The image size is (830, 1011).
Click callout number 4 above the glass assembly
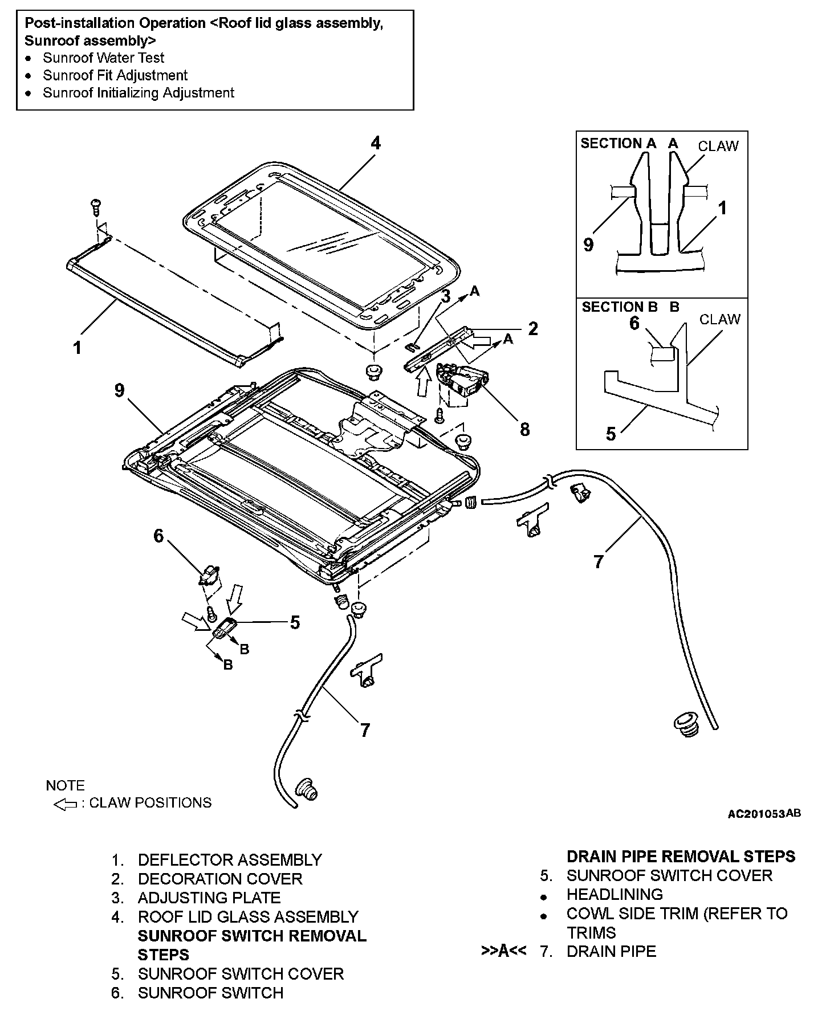coord(375,143)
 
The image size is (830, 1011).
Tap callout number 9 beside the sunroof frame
coord(119,391)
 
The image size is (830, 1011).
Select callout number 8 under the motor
coord(524,429)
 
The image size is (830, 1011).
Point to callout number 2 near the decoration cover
coord(533,329)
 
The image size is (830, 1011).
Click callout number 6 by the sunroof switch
coord(158,536)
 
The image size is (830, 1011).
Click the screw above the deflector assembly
coord(95,206)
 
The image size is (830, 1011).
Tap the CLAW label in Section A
coord(718,146)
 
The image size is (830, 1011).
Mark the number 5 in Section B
coord(611,434)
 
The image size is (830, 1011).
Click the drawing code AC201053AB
coord(764,813)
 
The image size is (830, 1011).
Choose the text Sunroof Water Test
coord(103,58)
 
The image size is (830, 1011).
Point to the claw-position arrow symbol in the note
coord(64,804)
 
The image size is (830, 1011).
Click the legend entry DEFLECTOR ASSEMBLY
coord(230,860)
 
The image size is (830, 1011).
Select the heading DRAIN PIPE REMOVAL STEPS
coord(681,857)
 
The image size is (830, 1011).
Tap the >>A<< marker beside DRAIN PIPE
coord(503,951)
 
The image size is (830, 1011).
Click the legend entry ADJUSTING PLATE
coord(209,898)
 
